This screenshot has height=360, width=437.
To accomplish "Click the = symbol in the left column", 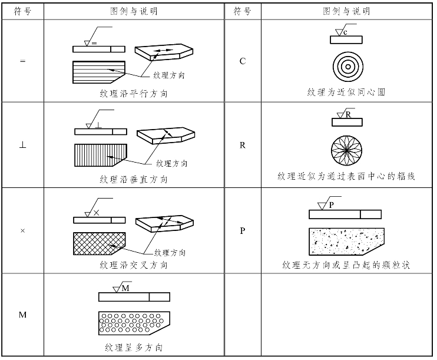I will pyautogui.click(x=22, y=61).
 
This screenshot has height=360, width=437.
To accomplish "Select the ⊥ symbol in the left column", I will pyautogui.click(x=22, y=145).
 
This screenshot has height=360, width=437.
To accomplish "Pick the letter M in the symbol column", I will pyautogui.click(x=22, y=315).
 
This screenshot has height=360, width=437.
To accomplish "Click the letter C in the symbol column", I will pyautogui.click(x=243, y=61).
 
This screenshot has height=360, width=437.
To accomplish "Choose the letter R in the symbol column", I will pyautogui.click(x=243, y=145).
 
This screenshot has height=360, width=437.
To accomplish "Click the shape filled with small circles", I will pyautogui.click(x=133, y=323).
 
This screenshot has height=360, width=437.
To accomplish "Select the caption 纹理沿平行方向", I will pyautogui.click(x=134, y=93).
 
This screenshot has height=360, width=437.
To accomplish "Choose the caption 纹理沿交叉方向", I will pyautogui.click(x=134, y=265).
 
